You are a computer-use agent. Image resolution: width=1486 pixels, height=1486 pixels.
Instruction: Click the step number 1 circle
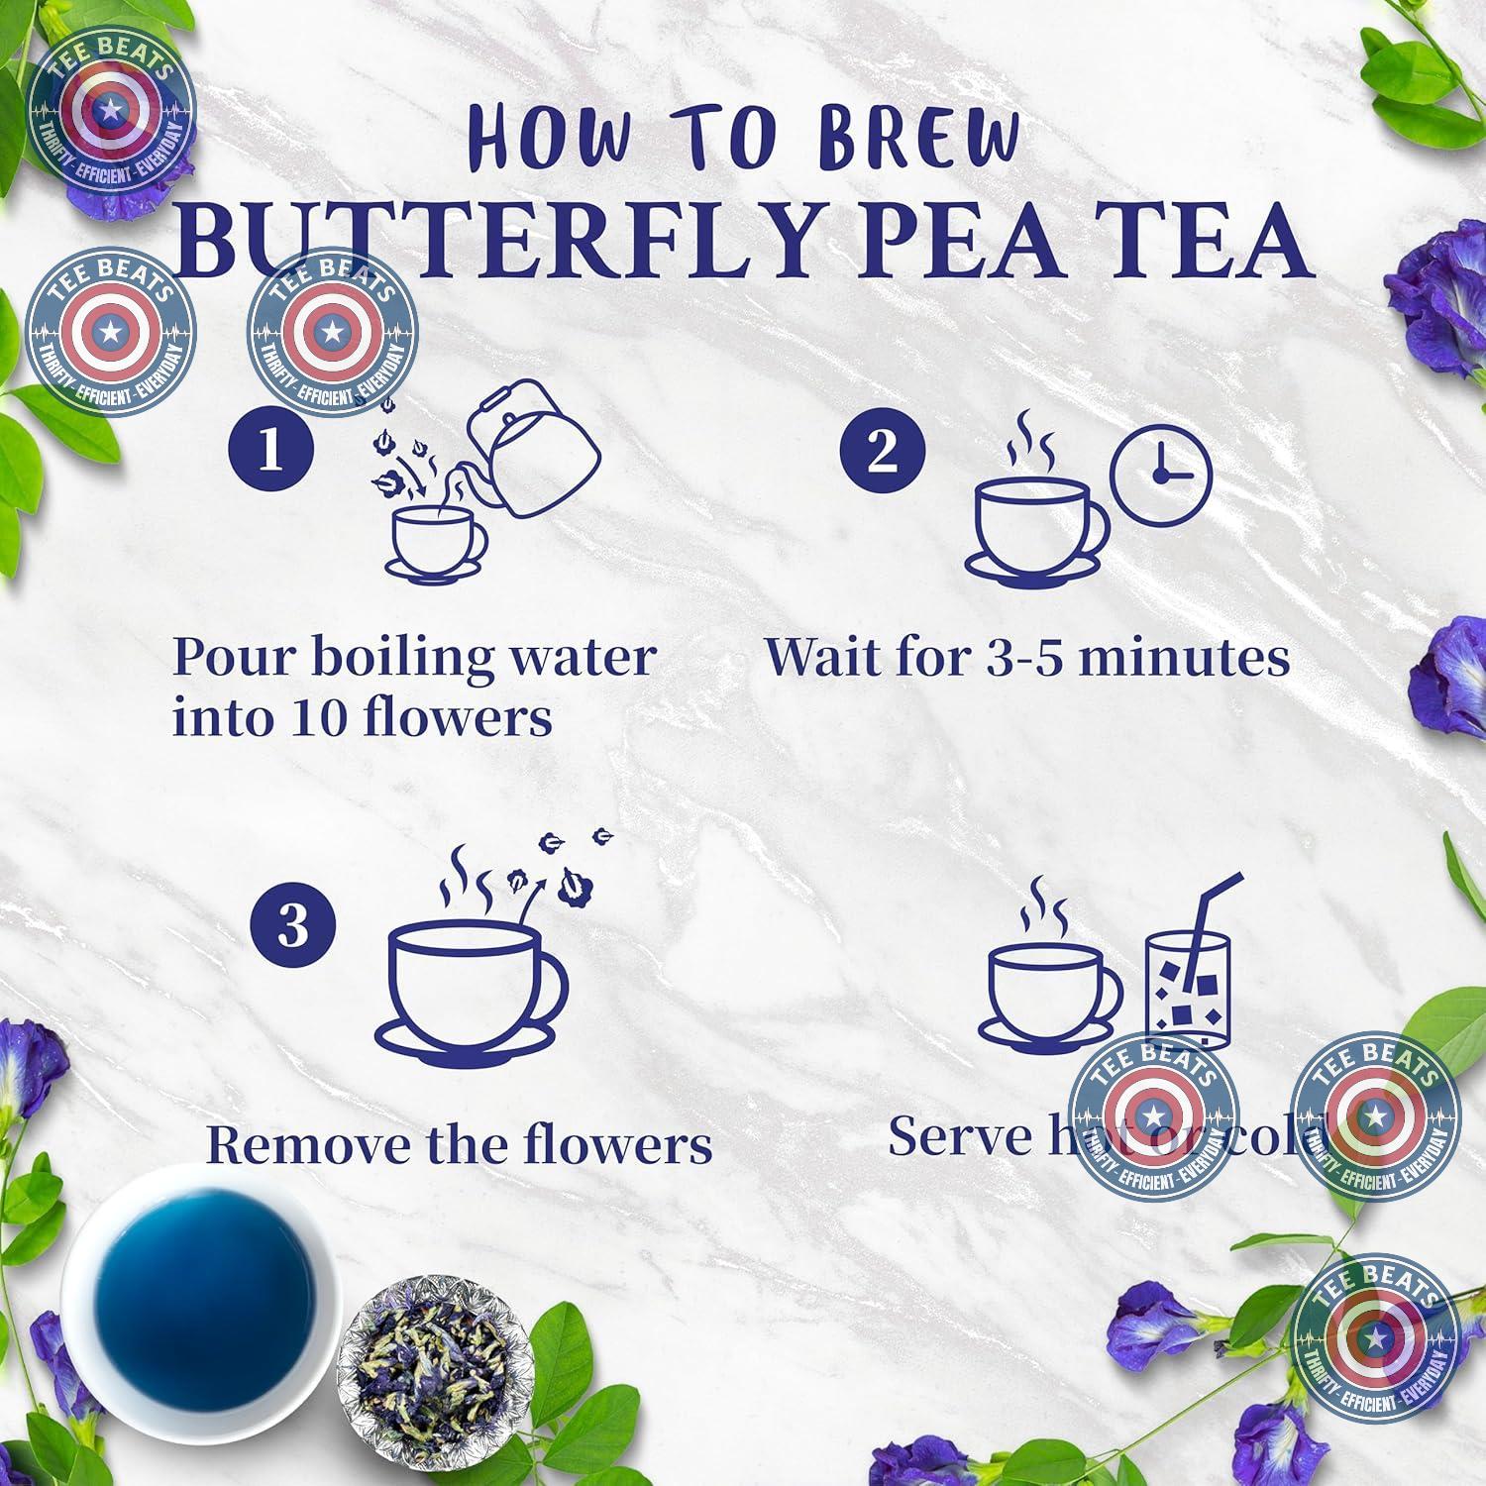[x=270, y=452]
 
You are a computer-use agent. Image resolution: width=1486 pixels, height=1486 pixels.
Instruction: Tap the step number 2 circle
[x=882, y=452]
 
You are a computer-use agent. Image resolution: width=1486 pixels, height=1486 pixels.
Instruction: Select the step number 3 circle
[x=293, y=929]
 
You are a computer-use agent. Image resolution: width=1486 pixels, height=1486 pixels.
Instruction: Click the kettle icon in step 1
[x=535, y=451]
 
